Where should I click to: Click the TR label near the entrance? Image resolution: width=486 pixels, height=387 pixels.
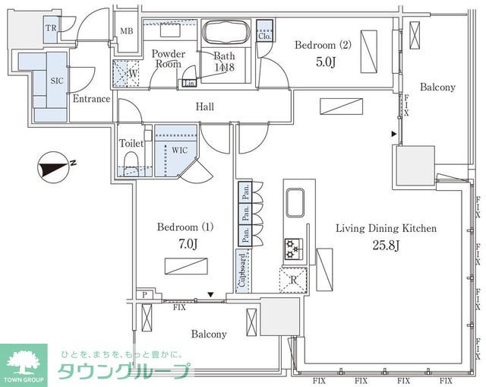pos(52,27)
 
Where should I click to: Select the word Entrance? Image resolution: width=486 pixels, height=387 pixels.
pos(91,99)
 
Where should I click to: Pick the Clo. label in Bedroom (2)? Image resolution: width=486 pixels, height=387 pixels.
pos(265,36)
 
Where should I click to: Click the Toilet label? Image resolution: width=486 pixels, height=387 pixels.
pos(132,143)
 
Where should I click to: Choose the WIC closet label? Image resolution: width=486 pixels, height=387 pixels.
pos(179,150)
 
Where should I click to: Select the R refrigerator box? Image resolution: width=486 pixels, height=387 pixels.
pos(293,280)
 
